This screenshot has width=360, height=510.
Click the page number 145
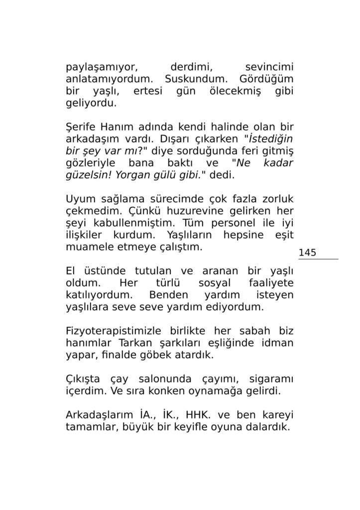pyautogui.click(x=308, y=253)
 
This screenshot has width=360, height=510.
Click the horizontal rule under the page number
pyautogui.click(x=318, y=259)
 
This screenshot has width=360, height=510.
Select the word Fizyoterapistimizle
pyautogui.click(x=114, y=331)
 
